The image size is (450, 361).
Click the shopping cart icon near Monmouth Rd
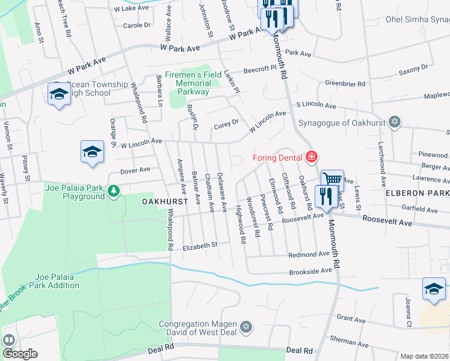click(x=331, y=179)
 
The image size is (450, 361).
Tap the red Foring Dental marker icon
click(x=311, y=158)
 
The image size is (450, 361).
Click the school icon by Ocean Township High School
click(x=59, y=94)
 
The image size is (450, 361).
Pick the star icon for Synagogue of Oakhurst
click(x=395, y=122)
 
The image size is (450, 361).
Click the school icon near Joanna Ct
click(x=434, y=289)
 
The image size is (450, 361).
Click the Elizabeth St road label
click(x=200, y=245)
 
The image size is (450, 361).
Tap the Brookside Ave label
click(x=310, y=271)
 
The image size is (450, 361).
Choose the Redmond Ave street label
click(x=309, y=255)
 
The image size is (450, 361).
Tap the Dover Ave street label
click(x=135, y=170)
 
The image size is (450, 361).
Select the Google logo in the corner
click(x=20, y=353)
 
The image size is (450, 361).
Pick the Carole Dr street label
click(x=137, y=25)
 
